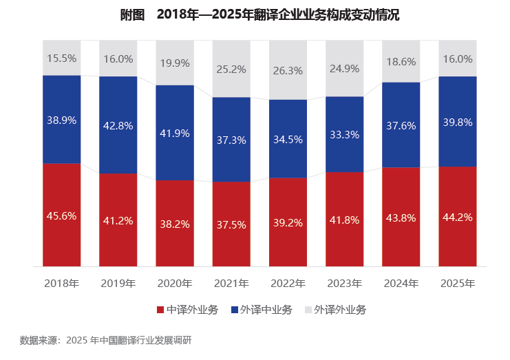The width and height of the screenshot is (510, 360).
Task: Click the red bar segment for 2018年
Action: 62,215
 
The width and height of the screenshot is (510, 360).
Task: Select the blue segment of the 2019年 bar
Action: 118,125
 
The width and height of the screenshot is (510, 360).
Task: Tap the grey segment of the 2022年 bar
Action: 288,70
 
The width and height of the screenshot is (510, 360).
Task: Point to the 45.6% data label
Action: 62,215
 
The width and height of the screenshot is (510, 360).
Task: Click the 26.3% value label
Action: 288,71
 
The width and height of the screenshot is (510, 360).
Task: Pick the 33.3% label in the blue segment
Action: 344,134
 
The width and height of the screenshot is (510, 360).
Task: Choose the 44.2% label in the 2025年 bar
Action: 458,217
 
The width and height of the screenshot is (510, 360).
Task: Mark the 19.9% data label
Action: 175,63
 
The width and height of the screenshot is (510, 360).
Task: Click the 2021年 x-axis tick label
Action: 231,284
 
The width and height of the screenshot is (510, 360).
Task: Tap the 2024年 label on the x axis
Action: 401,284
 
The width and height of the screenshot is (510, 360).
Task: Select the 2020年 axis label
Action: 175,284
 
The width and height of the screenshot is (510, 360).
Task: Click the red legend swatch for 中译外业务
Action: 160,310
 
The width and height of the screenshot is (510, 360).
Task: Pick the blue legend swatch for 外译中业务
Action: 235,310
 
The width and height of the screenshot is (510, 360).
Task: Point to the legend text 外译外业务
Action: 340,310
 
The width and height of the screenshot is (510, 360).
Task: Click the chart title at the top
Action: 260,14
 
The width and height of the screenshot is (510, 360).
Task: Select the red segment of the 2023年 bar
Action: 344,219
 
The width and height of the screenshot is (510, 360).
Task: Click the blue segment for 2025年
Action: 458,122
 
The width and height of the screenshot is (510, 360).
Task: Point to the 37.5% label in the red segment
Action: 231,224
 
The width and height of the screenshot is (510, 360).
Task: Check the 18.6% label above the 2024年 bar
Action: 401,61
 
